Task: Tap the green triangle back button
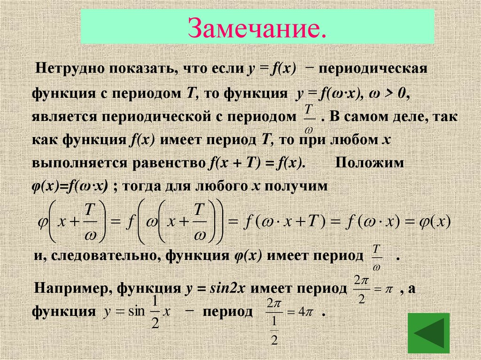[x=428, y=333]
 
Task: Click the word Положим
[x=369, y=163]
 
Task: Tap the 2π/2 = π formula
[x=371, y=289]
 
